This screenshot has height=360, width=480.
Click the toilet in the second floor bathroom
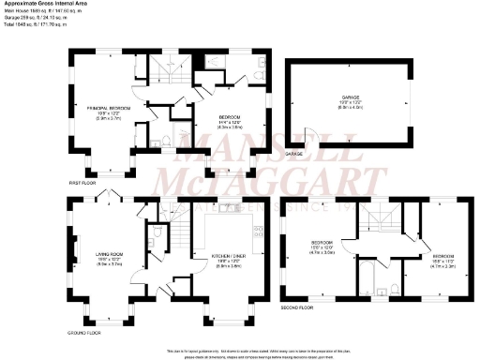387,286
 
